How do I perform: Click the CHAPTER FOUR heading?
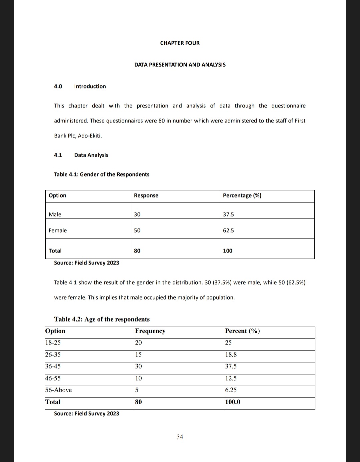[180, 43]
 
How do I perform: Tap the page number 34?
[180, 437]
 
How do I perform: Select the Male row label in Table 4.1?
[55, 214]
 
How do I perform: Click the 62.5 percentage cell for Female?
[228, 230]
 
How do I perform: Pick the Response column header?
[146, 195]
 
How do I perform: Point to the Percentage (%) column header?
[242, 195]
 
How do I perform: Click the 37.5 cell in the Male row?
[228, 214]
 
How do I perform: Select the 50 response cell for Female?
[137, 230]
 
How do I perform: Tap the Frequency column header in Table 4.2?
[150, 331]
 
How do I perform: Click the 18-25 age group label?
[53, 343]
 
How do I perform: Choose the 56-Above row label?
[59, 390]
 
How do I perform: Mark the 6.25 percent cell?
[231, 390]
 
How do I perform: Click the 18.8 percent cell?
[231, 355]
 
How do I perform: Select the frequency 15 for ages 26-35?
[138, 355]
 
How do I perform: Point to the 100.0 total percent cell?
[233, 402]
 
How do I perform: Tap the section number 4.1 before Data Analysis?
[58, 155]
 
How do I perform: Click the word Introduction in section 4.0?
[90, 86]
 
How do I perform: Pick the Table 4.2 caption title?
[102, 319]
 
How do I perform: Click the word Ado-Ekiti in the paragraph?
[90, 136]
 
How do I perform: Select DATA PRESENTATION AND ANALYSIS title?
[180, 65]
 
